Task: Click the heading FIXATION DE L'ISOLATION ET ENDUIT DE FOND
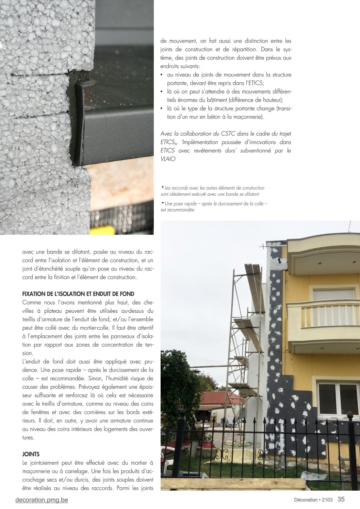[78, 294]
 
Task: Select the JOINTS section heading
[31, 454]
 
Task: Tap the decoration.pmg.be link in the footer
[42, 500]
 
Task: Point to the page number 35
[341, 499]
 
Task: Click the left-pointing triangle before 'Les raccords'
[162, 187]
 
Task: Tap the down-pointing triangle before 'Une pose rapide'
[162, 203]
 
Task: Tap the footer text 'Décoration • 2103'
[313, 500]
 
